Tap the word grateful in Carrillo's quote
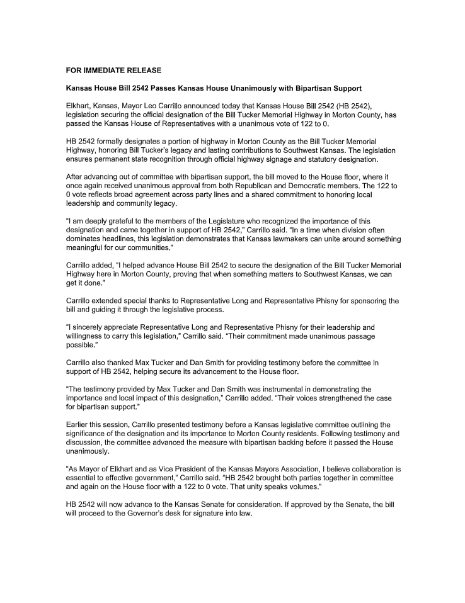(118, 221)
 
